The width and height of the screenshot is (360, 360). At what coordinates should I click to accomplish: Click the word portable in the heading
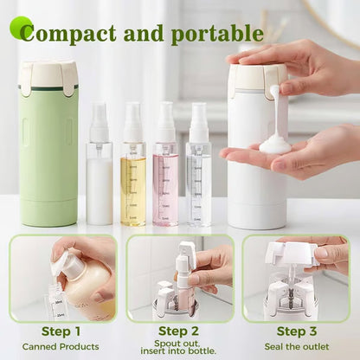tap(216, 34)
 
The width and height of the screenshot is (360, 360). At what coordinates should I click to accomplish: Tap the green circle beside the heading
tap(21, 27)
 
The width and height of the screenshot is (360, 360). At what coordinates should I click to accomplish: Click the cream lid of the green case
tap(48, 77)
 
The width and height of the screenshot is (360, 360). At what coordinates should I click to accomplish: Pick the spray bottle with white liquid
tap(99, 173)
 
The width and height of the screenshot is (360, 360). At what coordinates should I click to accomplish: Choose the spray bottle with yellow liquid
tap(132, 173)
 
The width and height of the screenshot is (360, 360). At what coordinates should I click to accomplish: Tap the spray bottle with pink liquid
tap(165, 173)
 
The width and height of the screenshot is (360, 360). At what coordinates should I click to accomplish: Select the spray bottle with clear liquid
tap(198, 173)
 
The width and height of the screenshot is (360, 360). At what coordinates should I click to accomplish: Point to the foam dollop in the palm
tap(275, 143)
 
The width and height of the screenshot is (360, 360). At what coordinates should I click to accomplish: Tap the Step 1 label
tap(61, 331)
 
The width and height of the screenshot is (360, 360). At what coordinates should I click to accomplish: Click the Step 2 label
tap(179, 330)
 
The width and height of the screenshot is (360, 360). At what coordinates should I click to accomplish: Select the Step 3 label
tap(298, 331)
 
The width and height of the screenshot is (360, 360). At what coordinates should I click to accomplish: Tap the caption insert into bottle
tap(179, 351)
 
